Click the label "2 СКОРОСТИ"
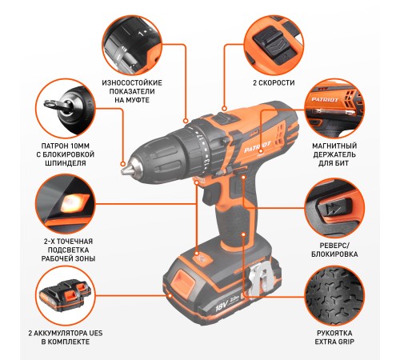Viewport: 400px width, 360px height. click(x=274, y=82)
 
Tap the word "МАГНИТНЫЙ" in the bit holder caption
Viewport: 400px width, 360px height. click(x=334, y=146)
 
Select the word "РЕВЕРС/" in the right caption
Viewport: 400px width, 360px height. click(x=334, y=246)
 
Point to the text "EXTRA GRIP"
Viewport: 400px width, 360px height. click(x=334, y=342)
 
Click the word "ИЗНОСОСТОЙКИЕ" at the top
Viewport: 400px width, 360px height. click(x=132, y=82)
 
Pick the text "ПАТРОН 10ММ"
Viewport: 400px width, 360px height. click(x=66, y=146)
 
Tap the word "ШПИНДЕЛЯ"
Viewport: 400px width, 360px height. click(x=66, y=163)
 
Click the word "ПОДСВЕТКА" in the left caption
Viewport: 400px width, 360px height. click(x=68, y=250)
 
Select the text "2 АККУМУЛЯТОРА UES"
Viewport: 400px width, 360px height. click(x=66, y=333)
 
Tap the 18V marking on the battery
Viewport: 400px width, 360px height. click(x=221, y=306)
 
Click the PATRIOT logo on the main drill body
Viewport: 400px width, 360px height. click(x=258, y=147)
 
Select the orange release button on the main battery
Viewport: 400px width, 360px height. click(x=182, y=282)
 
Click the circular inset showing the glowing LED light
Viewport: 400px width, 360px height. click(x=66, y=204)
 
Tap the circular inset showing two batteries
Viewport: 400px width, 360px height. click(x=66, y=295)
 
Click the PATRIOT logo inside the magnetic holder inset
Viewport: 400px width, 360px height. click(x=325, y=100)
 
